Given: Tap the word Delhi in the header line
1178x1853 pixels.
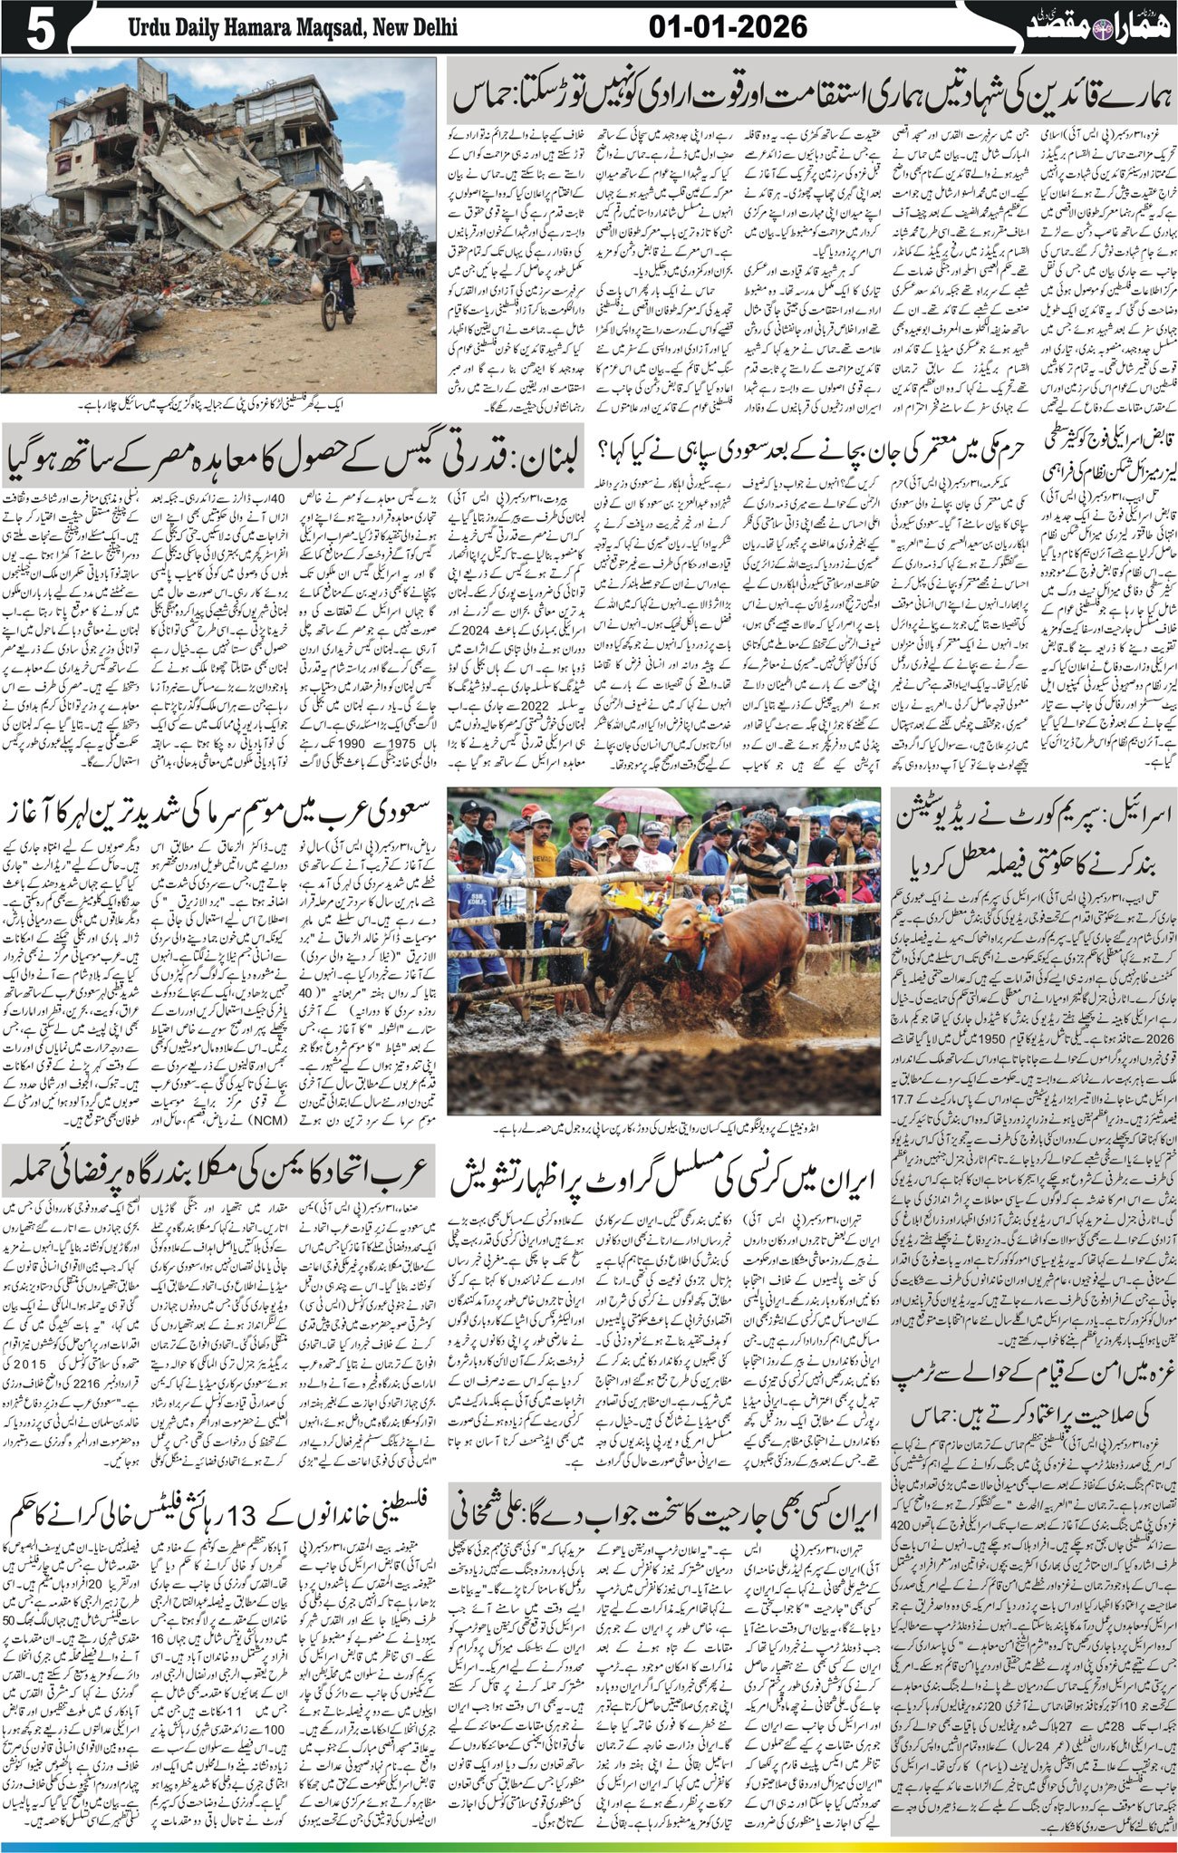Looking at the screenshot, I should pyautogui.click(x=431, y=29).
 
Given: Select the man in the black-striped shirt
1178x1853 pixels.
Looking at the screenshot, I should pyautogui.click(x=761, y=852).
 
